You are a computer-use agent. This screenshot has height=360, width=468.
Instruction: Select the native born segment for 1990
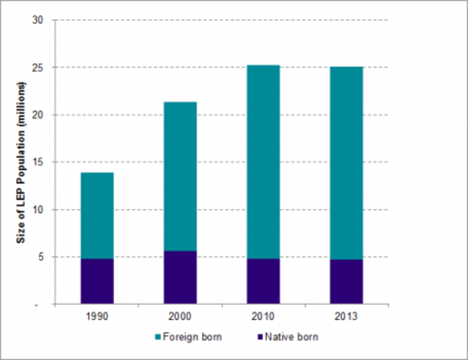click(97, 281)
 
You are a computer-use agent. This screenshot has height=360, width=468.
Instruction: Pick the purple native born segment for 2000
click(181, 277)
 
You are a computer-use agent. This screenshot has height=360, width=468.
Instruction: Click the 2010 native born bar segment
click(264, 281)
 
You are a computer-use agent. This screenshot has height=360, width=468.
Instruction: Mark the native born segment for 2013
click(346, 282)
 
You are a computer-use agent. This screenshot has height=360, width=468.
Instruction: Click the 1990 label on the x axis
click(97, 316)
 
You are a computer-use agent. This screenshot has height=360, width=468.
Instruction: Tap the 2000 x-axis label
click(181, 316)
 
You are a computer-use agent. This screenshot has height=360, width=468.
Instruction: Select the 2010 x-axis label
click(264, 316)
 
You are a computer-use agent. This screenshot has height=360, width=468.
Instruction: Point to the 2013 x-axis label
click(346, 316)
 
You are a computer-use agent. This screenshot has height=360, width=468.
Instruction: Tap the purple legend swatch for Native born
click(258, 337)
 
